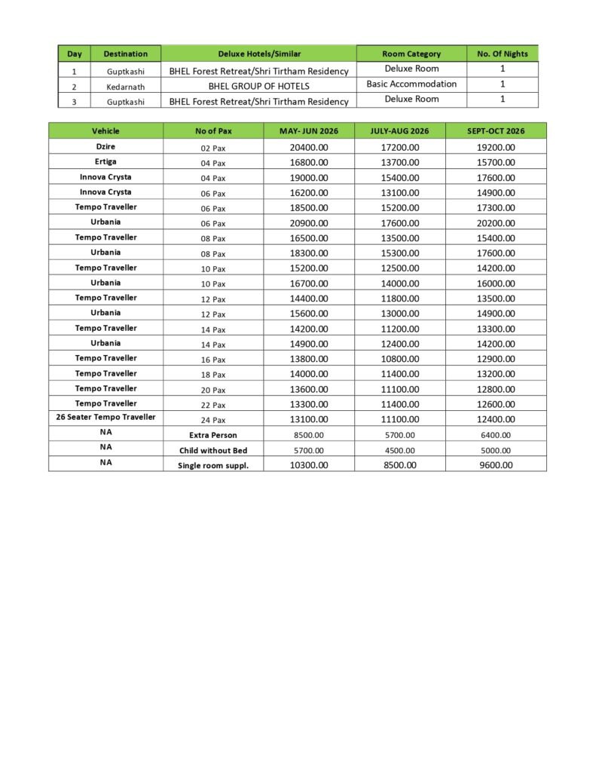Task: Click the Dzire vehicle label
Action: point(105,146)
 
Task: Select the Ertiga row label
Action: point(105,161)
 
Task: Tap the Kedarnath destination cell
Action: point(125,86)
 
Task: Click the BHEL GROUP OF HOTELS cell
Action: point(258,86)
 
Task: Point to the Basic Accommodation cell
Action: point(411,84)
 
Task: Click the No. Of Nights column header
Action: point(503,54)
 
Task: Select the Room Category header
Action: point(411,54)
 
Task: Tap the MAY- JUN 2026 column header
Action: point(309,131)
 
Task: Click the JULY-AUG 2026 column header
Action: point(399,131)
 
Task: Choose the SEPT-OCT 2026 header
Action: point(496,131)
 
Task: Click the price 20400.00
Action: point(309,147)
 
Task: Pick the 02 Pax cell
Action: point(213,148)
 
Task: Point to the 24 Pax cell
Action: point(213,420)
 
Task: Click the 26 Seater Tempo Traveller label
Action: point(105,417)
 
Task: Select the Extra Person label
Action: point(213,435)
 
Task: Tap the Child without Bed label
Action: point(213,450)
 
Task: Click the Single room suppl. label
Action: point(213,465)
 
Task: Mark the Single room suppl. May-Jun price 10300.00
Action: point(309,465)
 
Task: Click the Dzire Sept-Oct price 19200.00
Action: point(496,147)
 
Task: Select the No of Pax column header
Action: point(213,131)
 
